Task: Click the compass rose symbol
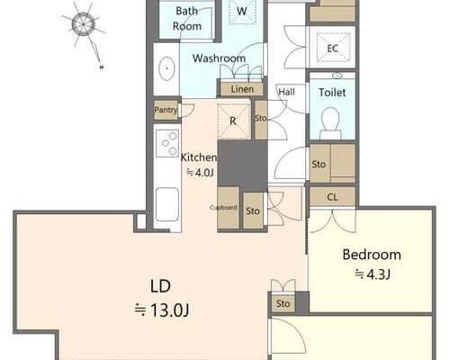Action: click(84, 24)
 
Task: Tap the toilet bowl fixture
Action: click(330, 123)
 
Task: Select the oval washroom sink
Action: click(166, 68)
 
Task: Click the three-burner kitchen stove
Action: click(167, 143)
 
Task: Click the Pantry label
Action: click(166, 110)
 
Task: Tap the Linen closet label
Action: click(242, 89)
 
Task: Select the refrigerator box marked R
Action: click(234, 121)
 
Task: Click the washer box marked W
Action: click(242, 12)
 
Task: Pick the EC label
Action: click(332, 49)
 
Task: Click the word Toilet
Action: click(332, 93)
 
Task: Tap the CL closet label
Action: click(332, 197)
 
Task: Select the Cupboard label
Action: click(223, 207)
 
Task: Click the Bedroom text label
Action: click(372, 255)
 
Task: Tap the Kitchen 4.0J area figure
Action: click(200, 173)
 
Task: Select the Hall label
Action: click(286, 92)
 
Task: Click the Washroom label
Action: click(219, 58)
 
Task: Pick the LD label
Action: click(160, 286)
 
